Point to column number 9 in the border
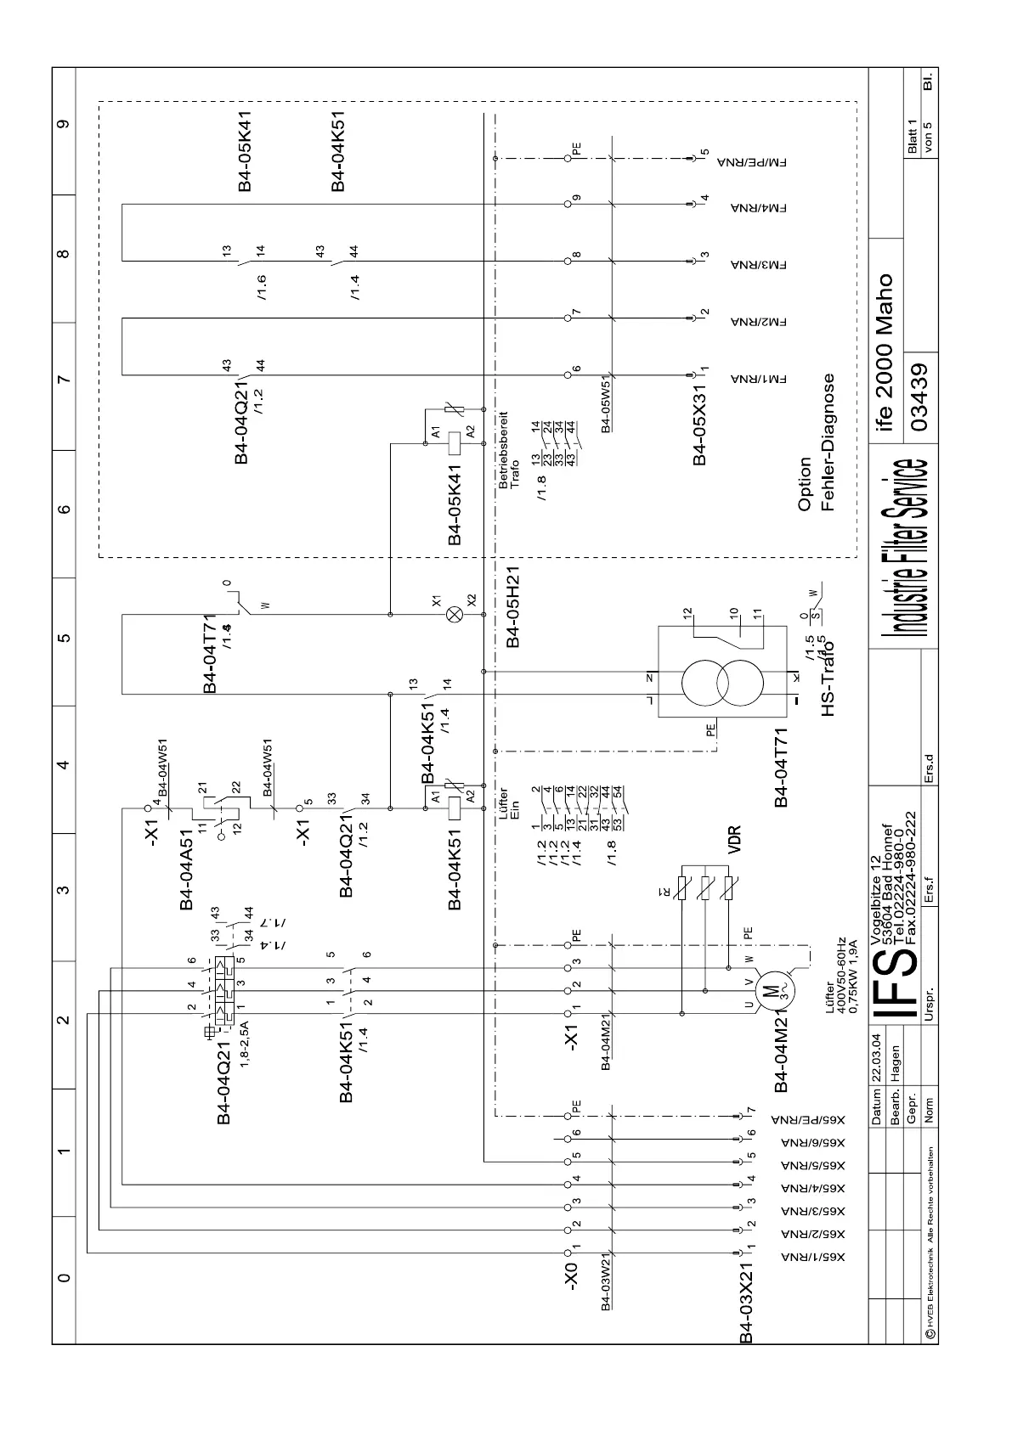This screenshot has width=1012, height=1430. pos(63,124)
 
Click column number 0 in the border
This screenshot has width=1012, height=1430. pos(63,1278)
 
